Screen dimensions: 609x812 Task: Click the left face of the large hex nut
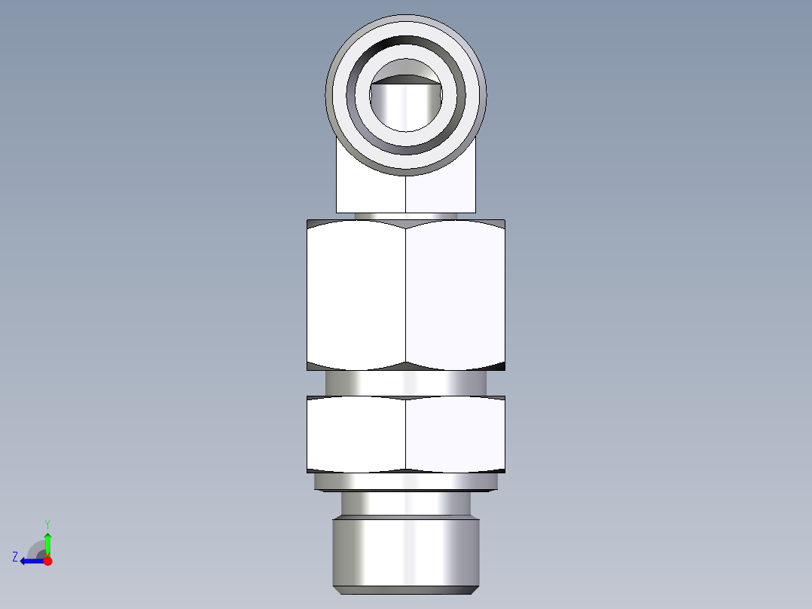click(356, 294)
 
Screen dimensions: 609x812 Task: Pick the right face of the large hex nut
click(455, 294)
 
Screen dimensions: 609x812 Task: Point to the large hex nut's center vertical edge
click(406, 294)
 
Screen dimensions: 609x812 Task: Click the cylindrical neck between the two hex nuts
click(406, 383)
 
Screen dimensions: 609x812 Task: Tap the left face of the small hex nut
click(356, 434)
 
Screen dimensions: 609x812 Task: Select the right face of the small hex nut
click(455, 434)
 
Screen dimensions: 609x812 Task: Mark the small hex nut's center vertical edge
click(406, 434)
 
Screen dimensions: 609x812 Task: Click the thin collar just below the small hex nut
click(406, 482)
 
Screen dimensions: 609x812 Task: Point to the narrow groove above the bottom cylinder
click(406, 503)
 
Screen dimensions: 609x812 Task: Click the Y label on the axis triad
click(47, 523)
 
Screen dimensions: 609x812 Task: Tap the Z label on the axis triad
click(15, 557)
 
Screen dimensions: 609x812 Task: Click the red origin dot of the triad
click(47, 561)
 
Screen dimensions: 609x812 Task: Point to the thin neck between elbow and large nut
click(406, 216)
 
